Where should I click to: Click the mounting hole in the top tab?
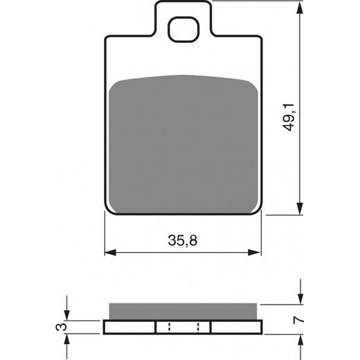coord(183,31)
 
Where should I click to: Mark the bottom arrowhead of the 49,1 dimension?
coord(300,208)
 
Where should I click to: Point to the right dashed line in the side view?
coord(198,327)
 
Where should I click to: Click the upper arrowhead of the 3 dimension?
coord(67,316)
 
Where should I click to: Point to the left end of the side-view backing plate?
coord(105,327)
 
